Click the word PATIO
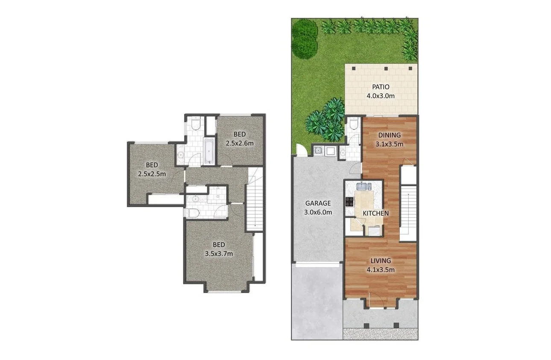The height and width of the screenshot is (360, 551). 380,87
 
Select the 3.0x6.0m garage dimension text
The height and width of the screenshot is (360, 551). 318,212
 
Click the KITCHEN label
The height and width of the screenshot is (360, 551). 375,213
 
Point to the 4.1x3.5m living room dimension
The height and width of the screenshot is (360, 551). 380,269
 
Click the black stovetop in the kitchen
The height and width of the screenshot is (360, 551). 349,202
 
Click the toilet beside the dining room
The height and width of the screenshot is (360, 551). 353,124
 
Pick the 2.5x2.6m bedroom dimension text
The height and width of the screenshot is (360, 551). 240,143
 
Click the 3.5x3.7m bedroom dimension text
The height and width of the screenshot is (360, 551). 219,254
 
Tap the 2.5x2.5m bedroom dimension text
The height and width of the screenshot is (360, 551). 152,174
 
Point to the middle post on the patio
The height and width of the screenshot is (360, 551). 386,68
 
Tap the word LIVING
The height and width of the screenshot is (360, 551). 380,261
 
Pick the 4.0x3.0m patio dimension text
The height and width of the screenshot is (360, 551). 380,96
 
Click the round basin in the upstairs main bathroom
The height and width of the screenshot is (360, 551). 180,155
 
